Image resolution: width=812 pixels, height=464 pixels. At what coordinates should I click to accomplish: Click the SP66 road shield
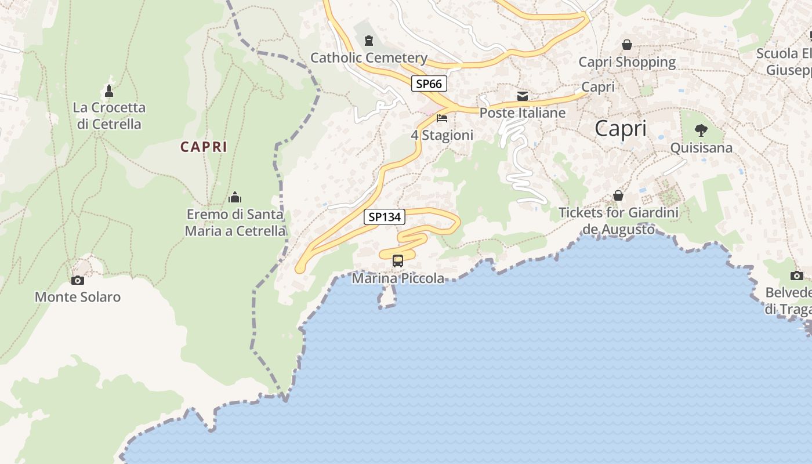coord(429,84)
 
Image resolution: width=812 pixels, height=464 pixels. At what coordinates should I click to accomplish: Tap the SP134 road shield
coord(385,217)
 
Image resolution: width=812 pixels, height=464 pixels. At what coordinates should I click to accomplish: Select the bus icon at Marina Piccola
coord(397,261)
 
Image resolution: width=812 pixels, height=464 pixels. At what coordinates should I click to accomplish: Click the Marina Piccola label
coord(398,278)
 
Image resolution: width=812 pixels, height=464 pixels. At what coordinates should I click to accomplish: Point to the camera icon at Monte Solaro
coord(77,281)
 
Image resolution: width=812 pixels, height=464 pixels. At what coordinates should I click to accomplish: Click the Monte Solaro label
coord(78,297)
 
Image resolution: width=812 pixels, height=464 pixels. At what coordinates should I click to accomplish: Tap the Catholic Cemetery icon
coord(368,41)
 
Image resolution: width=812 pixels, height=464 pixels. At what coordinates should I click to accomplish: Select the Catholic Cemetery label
coord(369,57)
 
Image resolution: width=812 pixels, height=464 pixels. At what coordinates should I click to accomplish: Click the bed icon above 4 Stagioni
coord(442,118)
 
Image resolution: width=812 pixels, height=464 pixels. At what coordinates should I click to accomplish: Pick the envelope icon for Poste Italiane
coord(523,96)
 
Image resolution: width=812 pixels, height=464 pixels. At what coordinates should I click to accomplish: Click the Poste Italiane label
coord(523,113)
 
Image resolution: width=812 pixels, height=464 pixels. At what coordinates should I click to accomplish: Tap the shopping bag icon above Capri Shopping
coord(627,45)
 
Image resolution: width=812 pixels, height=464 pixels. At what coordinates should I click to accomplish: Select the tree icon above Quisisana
coord(701,130)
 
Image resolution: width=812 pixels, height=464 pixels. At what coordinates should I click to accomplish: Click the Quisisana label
coord(701,147)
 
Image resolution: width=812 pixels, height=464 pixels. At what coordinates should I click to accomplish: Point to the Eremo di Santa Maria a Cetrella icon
coord(235,197)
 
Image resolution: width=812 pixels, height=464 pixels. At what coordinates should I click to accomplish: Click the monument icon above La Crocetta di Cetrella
coord(108,90)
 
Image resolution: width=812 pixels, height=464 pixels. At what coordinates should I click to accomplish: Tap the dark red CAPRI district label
coord(204,147)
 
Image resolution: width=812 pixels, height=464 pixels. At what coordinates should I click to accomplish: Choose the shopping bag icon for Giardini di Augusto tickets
coord(618,196)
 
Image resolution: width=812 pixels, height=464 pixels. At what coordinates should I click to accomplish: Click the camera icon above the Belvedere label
coord(797,275)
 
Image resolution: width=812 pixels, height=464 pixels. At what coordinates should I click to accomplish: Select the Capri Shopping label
coord(627,61)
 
